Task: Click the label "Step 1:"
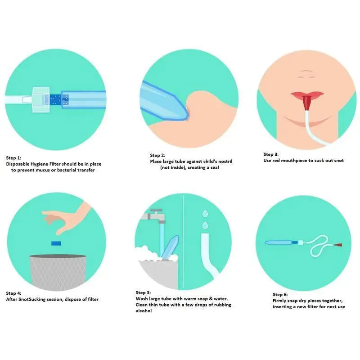[x=13, y=158]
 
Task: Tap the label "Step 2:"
[x=157, y=155]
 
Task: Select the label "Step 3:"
[x=271, y=154]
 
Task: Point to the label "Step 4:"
[x=13, y=293]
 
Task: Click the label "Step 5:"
[x=143, y=292]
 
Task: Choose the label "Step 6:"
[x=280, y=294]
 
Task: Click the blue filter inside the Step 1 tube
[x=55, y=97]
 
